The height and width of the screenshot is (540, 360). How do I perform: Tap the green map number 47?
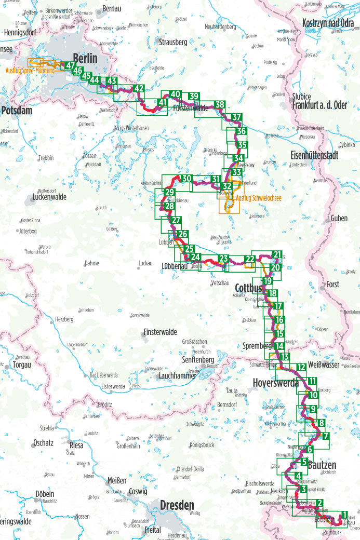[70, 65]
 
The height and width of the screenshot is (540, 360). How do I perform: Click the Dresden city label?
[177, 505]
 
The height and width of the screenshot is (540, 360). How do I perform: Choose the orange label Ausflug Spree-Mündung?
[30, 70]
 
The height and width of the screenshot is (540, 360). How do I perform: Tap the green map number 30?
[187, 179]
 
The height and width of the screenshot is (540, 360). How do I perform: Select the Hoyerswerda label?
[275, 383]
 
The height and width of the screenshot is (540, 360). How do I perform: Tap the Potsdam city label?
[17, 111]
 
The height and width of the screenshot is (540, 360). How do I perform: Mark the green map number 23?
[224, 259]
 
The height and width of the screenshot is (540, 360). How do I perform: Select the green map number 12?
[301, 368]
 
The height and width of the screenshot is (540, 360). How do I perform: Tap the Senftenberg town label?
[198, 359]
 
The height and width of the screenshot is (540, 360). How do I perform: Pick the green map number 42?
[138, 89]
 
